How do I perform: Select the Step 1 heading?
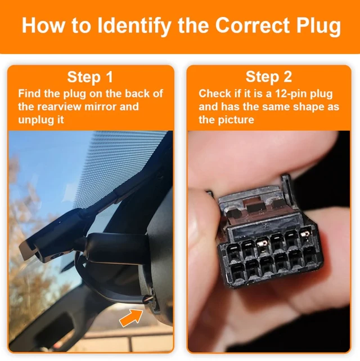[x=90, y=77]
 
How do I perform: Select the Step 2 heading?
[x=268, y=77]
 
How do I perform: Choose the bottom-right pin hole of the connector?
[x=309, y=257]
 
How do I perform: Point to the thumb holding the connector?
[x=205, y=237]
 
